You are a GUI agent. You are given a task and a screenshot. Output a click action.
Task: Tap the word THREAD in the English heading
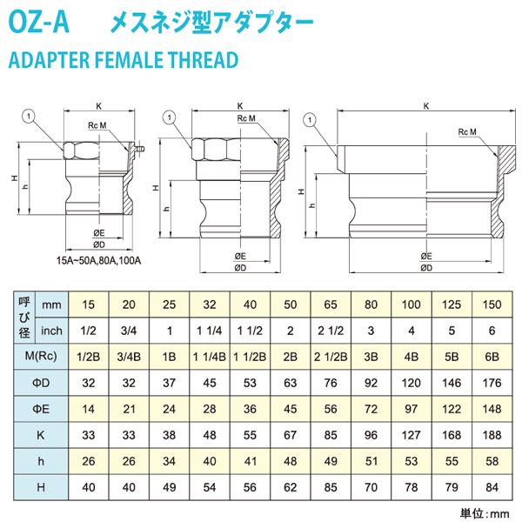click(x=203, y=61)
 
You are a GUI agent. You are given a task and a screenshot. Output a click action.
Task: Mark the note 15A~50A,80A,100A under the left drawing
click(x=98, y=258)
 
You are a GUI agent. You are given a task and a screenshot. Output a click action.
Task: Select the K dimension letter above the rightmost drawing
click(x=425, y=106)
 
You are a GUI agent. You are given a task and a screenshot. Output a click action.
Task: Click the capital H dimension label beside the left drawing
click(x=15, y=179)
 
